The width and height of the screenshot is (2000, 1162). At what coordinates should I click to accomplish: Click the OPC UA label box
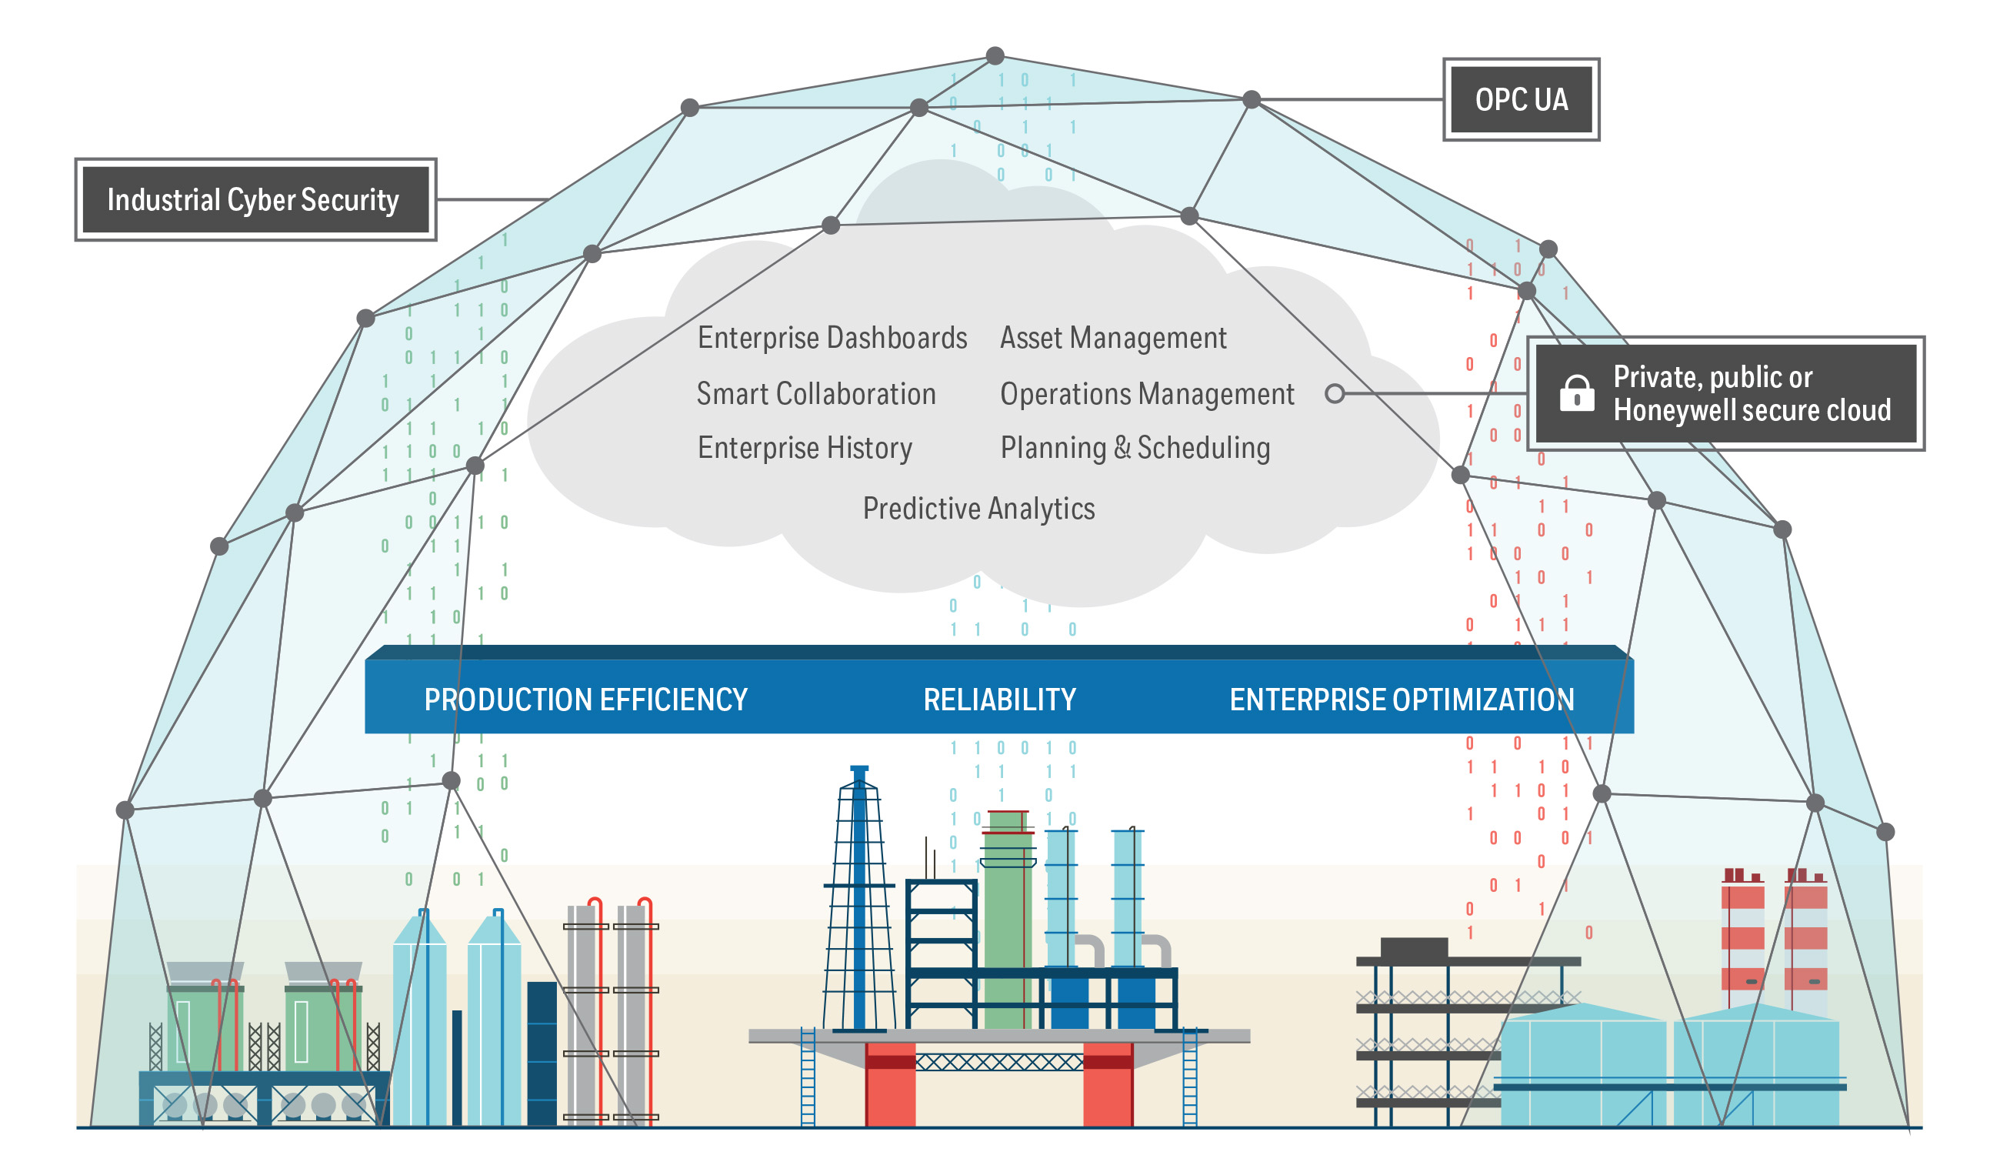[1521, 99]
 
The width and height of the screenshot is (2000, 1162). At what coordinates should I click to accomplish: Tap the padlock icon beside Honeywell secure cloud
[1576, 393]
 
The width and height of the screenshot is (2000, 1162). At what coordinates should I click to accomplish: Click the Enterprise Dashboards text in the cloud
[832, 338]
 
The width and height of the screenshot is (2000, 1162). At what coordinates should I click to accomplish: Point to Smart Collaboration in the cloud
[816, 394]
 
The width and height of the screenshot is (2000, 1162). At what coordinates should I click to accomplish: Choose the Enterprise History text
[805, 448]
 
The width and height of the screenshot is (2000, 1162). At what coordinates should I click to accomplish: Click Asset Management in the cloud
[1113, 338]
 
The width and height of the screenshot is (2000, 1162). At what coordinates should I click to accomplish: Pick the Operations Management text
[1146, 394]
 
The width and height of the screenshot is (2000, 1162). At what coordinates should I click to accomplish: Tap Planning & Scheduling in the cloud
[1135, 448]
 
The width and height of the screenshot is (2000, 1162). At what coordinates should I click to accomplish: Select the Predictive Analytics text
[978, 509]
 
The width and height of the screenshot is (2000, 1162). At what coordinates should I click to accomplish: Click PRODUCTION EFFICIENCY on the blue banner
[585, 700]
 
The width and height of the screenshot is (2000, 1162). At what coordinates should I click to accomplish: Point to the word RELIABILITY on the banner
[999, 700]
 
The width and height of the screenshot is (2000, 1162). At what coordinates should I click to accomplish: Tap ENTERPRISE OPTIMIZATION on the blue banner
[1401, 700]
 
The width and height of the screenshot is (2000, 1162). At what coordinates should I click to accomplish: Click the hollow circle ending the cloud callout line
[1335, 394]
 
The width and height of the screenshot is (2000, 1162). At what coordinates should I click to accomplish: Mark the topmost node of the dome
[995, 55]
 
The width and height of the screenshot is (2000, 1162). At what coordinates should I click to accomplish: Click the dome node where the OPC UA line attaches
[1252, 99]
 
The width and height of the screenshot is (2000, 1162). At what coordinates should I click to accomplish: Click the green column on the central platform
[1007, 920]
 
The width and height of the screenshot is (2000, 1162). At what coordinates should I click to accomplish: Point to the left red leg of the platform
[890, 1084]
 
